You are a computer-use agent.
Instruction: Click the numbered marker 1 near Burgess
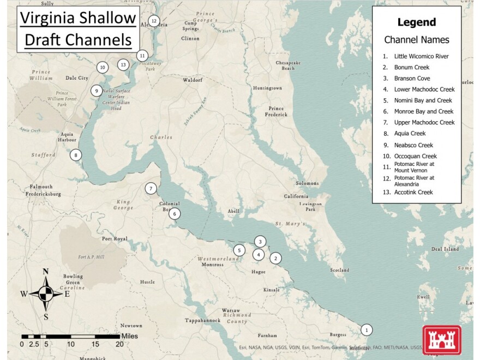pos(367,329)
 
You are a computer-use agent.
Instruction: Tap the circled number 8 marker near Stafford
pos(76,155)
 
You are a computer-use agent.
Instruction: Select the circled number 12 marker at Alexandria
pos(154,21)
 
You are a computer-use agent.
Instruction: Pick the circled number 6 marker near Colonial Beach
pos(175,214)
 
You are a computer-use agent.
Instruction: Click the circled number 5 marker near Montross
pos(239,250)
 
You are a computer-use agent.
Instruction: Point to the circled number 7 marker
pos(151,189)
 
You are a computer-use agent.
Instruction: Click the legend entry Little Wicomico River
pos(421,56)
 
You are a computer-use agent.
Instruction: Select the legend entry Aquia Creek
pos(410,133)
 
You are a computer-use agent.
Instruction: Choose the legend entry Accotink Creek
pos(413,192)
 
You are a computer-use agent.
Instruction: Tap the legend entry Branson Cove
pos(412,79)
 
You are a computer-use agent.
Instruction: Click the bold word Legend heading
pos(416,22)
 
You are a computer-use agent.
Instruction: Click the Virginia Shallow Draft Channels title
pos(77,29)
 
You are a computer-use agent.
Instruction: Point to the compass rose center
pos(46,293)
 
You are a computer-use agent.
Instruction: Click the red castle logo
pos(441,340)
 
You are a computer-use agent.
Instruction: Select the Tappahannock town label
pos(202,320)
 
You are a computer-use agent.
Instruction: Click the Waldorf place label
pos(193,80)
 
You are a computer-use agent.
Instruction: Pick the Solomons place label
pos(307,183)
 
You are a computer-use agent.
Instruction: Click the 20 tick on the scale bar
pos(119,344)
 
